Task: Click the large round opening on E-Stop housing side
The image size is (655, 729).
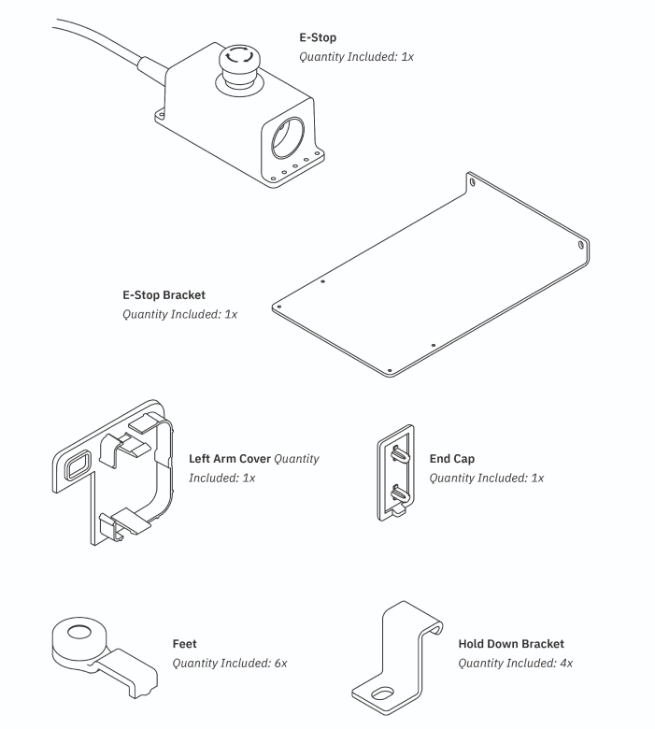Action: [288, 137]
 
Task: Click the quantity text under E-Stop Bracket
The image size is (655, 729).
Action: [179, 314]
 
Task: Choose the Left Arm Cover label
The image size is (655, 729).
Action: [230, 459]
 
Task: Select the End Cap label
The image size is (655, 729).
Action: [452, 459]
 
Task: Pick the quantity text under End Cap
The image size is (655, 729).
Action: [486, 478]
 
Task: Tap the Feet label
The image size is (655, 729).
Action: [185, 644]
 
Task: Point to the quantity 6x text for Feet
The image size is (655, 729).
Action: [230, 663]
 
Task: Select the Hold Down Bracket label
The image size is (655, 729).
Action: [511, 644]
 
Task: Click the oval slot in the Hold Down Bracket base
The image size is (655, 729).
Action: [382, 694]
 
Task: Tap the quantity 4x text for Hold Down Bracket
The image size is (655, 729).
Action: [515, 663]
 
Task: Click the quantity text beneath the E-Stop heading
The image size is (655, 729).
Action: [356, 57]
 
